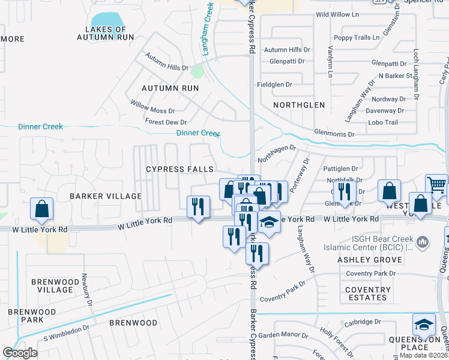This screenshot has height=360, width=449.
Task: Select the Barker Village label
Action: (x=106, y=196)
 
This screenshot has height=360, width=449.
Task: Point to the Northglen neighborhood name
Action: (x=299, y=105)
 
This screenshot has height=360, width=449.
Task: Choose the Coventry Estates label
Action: (x=367, y=293)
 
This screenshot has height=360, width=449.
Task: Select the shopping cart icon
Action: (x=436, y=184)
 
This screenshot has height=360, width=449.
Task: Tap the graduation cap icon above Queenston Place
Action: (x=424, y=325)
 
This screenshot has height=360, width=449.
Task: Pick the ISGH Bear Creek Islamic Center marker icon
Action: (x=423, y=242)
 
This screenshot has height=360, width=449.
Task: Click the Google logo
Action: (x=20, y=353)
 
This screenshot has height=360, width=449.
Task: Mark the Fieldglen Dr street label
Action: (x=274, y=85)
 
